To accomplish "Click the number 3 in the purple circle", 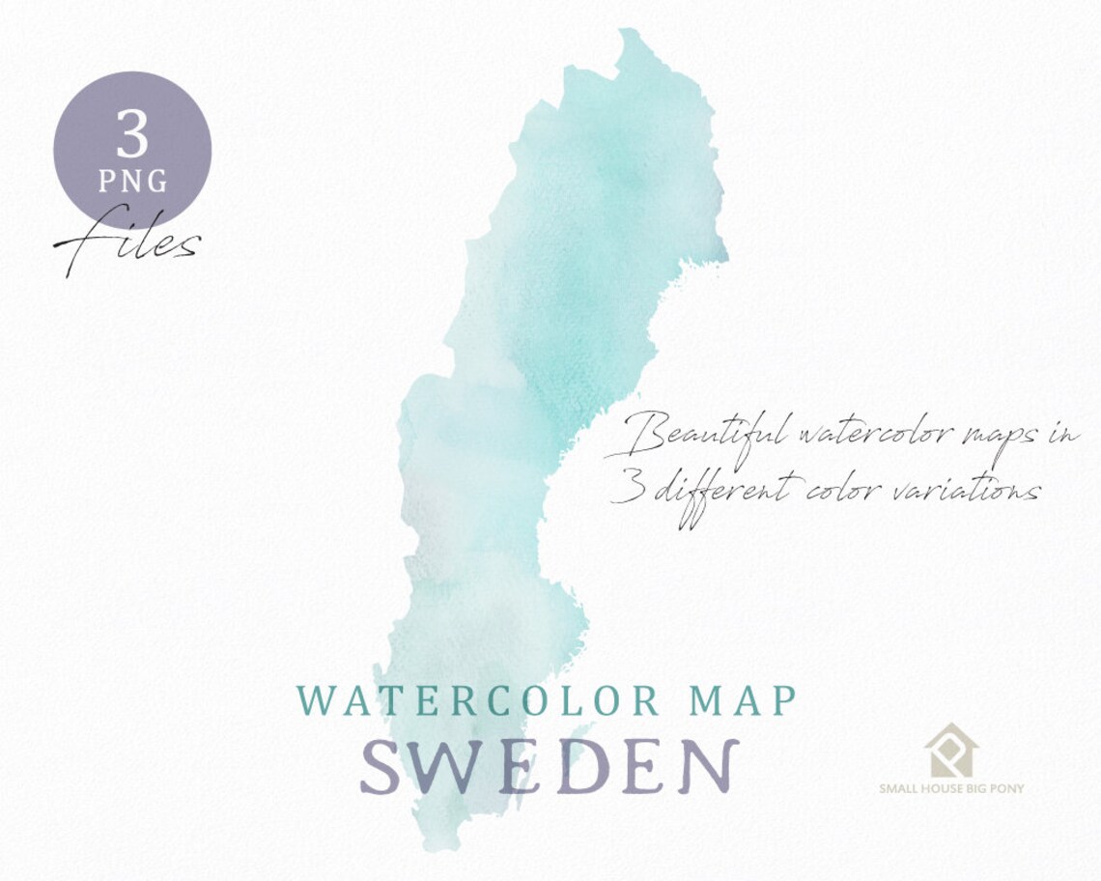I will tap(131, 134).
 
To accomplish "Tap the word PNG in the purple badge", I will tap(132, 181).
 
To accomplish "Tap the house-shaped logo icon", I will tap(950, 751).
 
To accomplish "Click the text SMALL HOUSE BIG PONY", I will tap(951, 788).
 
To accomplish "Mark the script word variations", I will tap(957, 491).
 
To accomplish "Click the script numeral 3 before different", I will tap(630, 491).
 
